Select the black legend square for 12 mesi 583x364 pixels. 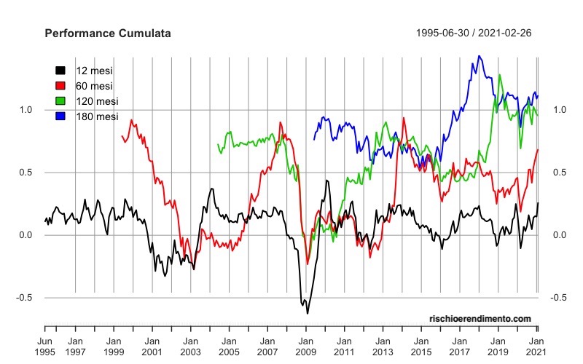(x=61, y=71)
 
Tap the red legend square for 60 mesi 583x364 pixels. (x=61, y=86)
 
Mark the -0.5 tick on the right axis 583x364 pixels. (x=559, y=298)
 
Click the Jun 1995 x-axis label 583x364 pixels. (x=45, y=346)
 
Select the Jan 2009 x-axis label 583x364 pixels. (x=305, y=346)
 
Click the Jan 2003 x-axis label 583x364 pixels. (x=190, y=346)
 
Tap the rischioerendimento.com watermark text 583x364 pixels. (x=481, y=319)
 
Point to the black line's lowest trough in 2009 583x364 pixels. (x=308, y=313)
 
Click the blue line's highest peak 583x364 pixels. (x=478, y=56)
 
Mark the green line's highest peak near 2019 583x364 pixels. (x=499, y=74)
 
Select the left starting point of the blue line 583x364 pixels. (x=314, y=139)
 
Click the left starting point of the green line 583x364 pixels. (x=218, y=144)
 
